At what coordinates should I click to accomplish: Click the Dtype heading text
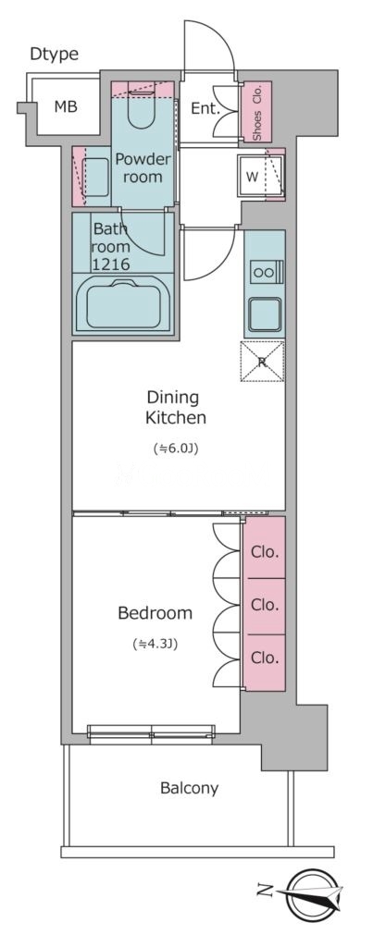[x=55, y=54]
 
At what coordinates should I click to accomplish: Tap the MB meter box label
[x=66, y=107]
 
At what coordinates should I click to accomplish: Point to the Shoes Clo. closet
[x=256, y=112]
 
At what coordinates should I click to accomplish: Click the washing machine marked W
[x=260, y=177]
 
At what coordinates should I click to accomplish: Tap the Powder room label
[x=143, y=168]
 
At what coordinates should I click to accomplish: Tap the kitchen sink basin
[x=265, y=314]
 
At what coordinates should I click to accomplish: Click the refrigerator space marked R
[x=262, y=362]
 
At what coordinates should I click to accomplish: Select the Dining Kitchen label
[x=176, y=407]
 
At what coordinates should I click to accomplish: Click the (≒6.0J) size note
[x=176, y=449]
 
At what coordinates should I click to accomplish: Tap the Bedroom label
[x=156, y=614]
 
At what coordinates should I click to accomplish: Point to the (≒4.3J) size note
[x=155, y=644]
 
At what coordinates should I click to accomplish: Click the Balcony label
[x=189, y=788]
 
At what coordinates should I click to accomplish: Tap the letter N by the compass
[x=264, y=890]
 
